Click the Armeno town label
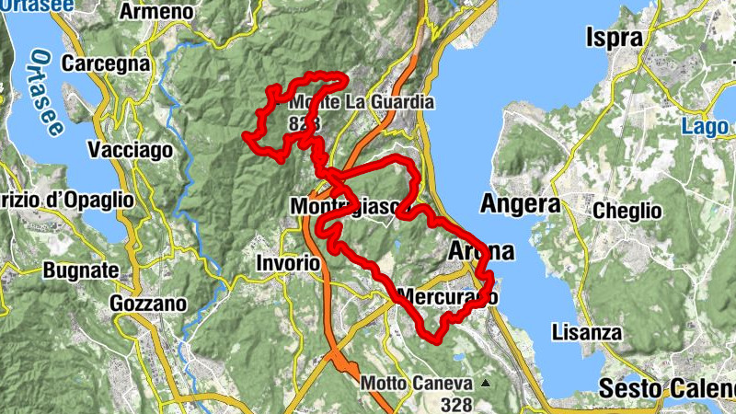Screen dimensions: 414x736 [157, 12]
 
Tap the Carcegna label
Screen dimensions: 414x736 [106, 63]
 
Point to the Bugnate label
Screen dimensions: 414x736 [81, 270]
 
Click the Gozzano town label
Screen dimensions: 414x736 [147, 303]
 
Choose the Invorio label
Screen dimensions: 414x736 [288, 263]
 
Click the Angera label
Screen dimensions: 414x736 [520, 203]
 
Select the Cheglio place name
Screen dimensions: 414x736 [627, 211]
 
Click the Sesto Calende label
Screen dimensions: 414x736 [667, 386]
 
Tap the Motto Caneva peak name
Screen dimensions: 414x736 [417, 383]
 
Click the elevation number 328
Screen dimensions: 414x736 [455, 404]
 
